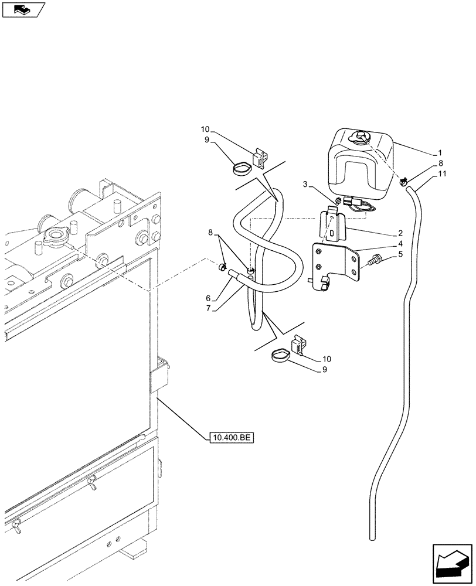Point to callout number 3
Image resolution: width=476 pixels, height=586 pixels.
pos(306,185)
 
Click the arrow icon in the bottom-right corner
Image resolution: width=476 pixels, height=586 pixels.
pos(451,564)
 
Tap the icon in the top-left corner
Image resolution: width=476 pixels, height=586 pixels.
pos(23,10)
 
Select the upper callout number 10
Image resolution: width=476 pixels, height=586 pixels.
pos(205,130)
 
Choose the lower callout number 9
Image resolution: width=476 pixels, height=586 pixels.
pos(325,369)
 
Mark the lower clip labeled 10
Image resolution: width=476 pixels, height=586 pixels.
pos(297,346)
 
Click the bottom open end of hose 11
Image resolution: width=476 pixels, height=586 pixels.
pos(372,536)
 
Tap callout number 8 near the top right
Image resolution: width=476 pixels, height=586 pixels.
pos(441,164)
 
